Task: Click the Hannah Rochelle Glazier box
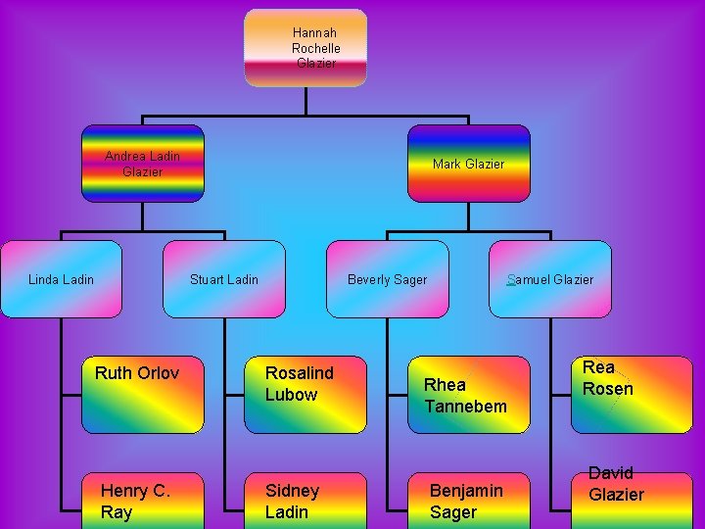[x=305, y=48]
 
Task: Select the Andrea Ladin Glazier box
[x=143, y=164]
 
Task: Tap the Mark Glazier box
[x=468, y=164]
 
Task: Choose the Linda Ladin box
[x=61, y=279]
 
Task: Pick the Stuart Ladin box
[x=224, y=279]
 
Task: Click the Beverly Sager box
[x=387, y=279]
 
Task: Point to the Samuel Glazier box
[x=550, y=279]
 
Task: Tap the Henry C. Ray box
[x=143, y=501]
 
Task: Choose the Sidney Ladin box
[x=305, y=501]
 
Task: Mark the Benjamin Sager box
[x=468, y=501]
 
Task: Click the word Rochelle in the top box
[x=315, y=48]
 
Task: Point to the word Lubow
[x=291, y=395]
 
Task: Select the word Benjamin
[x=466, y=490]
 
